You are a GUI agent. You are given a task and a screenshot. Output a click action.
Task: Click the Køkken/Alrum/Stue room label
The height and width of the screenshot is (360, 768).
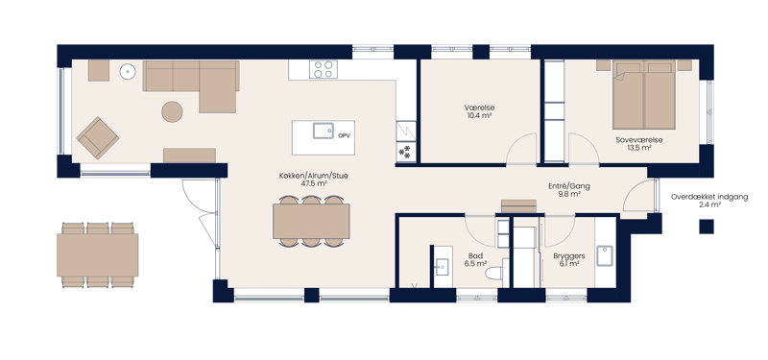tap(314, 176)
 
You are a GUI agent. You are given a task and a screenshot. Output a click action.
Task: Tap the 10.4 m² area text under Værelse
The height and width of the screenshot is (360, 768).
tap(479, 115)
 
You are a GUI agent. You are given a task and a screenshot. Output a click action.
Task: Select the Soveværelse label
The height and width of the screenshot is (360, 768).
tap(639, 140)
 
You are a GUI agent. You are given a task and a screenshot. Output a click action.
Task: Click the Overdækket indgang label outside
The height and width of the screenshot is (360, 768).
tap(709, 198)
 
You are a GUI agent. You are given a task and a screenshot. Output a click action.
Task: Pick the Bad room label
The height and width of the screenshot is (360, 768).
tap(475, 255)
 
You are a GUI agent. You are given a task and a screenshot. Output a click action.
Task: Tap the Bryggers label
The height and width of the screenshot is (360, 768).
tap(569, 256)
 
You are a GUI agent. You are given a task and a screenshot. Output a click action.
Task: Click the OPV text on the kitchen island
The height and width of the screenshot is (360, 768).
tap(344, 135)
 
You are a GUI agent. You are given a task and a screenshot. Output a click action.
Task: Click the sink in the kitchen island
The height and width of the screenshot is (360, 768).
tap(324, 131)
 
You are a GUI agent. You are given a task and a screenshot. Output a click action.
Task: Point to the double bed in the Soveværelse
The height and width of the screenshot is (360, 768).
tap(643, 94)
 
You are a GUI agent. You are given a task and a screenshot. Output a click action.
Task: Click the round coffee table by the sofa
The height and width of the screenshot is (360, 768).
tap(172, 111)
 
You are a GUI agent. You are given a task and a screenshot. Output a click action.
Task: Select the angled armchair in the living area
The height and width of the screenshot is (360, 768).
tap(98, 137)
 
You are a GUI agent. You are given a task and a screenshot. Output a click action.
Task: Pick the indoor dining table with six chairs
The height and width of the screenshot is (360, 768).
tap(311, 222)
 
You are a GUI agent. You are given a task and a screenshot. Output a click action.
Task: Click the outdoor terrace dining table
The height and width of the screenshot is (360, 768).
tap(98, 254)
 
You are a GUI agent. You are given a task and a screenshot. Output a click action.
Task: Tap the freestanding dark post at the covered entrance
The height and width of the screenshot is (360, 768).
tap(707, 227)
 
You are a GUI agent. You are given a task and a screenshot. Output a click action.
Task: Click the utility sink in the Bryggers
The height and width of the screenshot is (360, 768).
tap(605, 255)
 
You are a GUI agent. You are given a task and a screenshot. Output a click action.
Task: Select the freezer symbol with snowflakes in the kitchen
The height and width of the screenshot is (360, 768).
tap(405, 153)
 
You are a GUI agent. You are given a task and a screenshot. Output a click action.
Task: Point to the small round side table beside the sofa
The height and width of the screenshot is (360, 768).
tap(128, 72)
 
